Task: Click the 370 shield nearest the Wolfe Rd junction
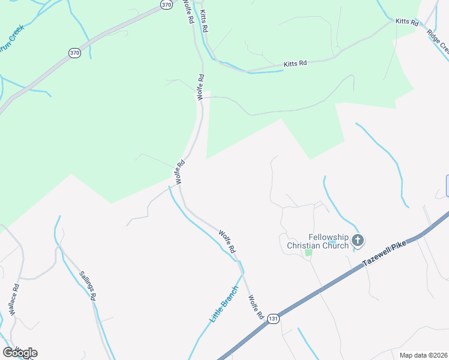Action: coord(166,4)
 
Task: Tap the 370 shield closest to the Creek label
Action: coord(74,53)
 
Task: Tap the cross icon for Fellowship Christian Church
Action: coord(358,241)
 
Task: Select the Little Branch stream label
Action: coord(224,304)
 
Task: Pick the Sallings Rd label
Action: coord(88,286)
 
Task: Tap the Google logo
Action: coord(20,353)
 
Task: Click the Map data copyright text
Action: coord(424,355)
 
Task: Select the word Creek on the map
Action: coord(14,35)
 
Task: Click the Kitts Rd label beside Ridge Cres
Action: coord(407,22)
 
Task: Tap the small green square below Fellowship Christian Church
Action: coord(309,253)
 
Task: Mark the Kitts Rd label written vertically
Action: coord(204,20)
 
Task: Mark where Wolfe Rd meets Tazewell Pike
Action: coord(265,324)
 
